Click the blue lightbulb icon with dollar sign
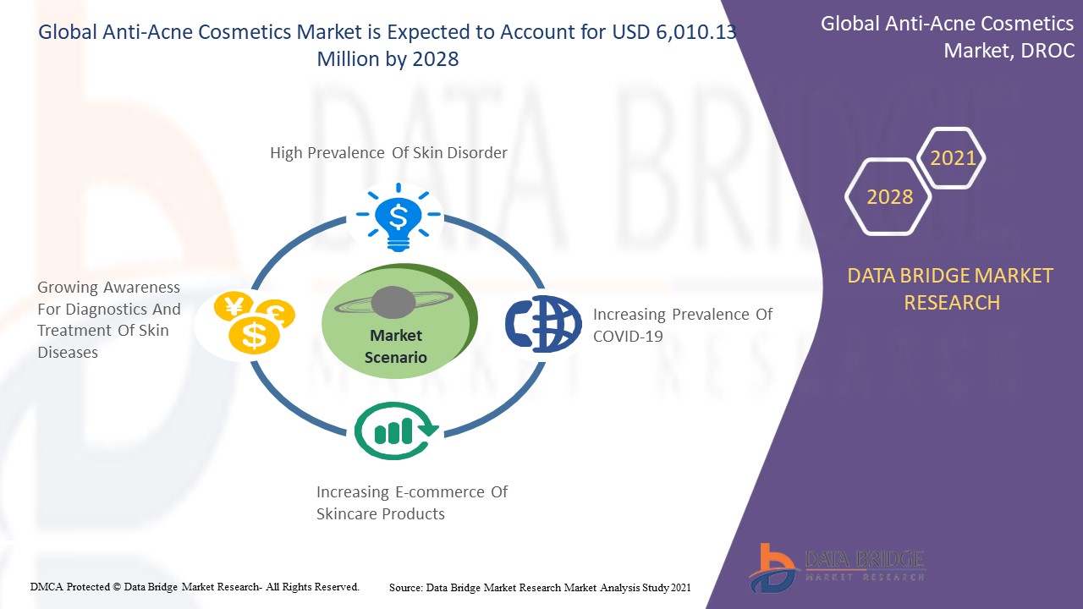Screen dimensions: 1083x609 [x=399, y=217]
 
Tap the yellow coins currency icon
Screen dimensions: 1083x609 [x=255, y=323]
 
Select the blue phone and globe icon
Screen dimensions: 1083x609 [x=543, y=323]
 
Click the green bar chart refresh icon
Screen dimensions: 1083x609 [x=397, y=431]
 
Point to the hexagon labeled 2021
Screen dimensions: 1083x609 [x=951, y=158]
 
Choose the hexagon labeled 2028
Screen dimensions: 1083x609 [x=888, y=197]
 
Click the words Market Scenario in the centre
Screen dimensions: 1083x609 [x=395, y=346]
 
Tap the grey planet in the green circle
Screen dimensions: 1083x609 [x=393, y=303]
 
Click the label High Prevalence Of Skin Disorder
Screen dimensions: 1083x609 [x=388, y=153]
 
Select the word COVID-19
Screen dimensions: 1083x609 [x=628, y=337]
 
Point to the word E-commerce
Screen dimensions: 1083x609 [x=440, y=492]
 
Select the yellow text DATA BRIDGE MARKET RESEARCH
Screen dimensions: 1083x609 [x=950, y=289]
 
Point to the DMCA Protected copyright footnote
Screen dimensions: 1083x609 [x=195, y=587]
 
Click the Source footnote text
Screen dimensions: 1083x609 [x=540, y=588]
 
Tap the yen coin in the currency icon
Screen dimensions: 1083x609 [x=234, y=306]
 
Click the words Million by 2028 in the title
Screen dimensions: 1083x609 [x=388, y=59]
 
